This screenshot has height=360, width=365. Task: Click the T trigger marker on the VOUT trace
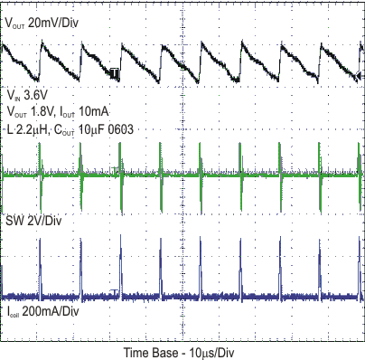click(x=117, y=74)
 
